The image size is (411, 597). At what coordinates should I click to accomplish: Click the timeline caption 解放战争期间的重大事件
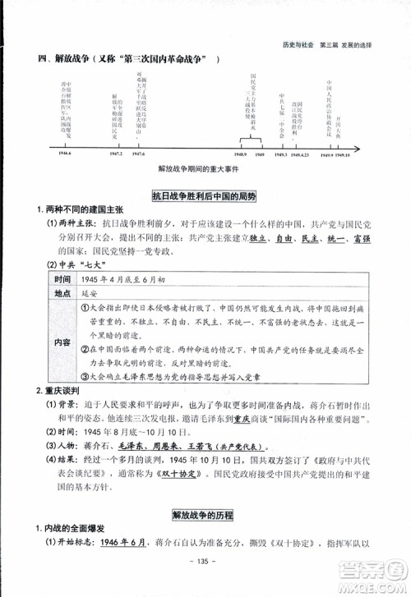(x=205, y=171)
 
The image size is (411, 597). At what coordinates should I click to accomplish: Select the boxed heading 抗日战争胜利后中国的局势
(x=205, y=196)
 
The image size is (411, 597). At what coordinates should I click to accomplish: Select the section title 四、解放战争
(x=71, y=59)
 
